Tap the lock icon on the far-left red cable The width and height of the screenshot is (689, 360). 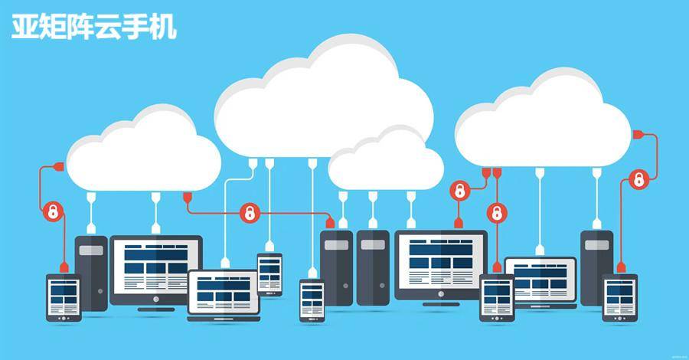54,211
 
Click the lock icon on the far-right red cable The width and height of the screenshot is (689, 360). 638,181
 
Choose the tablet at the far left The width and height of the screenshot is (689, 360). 64,297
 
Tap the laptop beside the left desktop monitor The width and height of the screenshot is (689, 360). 224,294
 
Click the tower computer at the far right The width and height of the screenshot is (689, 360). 596,264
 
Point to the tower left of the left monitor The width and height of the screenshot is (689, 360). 91,272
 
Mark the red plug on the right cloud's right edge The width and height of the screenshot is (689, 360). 637,135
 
